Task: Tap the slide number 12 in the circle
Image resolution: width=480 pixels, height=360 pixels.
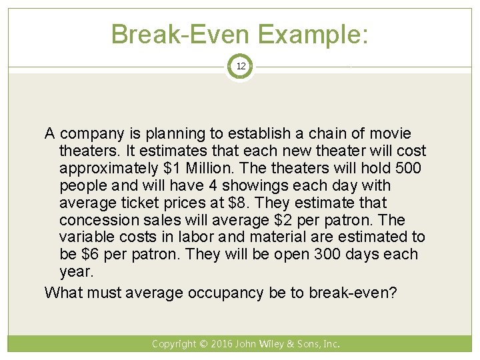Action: [x=240, y=67]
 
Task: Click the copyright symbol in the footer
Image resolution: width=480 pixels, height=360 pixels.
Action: [x=203, y=344]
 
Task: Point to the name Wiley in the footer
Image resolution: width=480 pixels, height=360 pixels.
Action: [x=272, y=344]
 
